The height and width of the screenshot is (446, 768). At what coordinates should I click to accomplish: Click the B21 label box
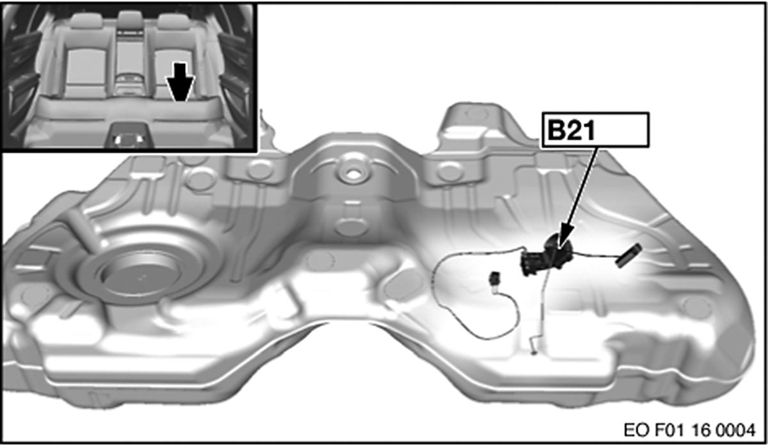pyautogui.click(x=595, y=131)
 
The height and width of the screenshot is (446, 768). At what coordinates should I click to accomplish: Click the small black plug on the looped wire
pyautogui.click(x=495, y=278)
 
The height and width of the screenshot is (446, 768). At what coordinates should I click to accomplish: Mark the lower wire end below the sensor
pyautogui.click(x=534, y=346)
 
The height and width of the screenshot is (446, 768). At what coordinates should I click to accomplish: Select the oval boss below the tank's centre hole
pyautogui.click(x=351, y=227)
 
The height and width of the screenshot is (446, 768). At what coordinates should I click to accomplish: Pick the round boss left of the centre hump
pyautogui.click(x=260, y=170)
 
